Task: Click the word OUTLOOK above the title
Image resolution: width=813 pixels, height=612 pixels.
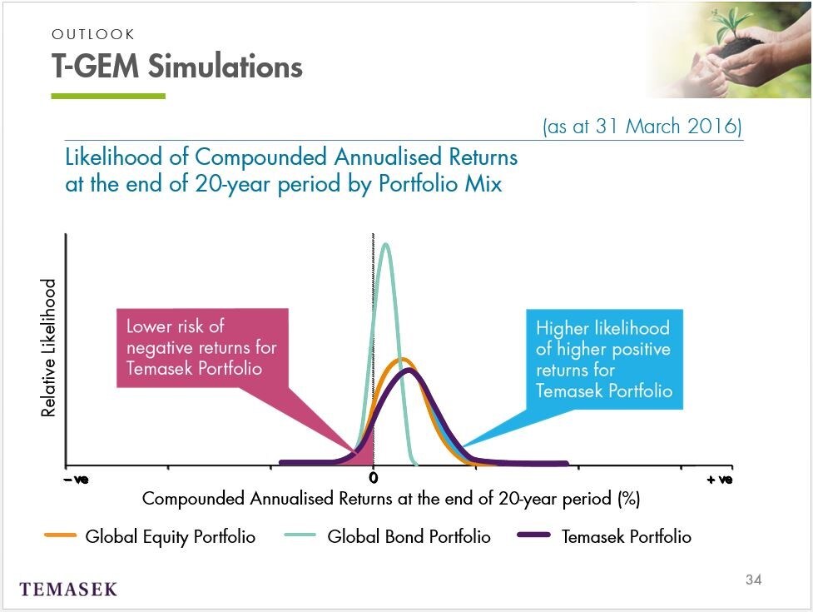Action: pos(93,34)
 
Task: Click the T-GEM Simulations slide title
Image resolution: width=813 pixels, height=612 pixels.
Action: pos(176,67)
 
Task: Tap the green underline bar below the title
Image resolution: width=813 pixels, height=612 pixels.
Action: pos(108,96)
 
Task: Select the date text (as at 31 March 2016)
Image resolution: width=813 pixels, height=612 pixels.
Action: pos(642,126)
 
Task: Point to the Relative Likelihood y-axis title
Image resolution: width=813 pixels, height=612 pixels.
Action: pos(48,347)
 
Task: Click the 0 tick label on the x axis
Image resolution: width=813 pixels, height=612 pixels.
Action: pos(374,478)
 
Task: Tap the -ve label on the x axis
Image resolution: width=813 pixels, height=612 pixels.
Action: pos(77,480)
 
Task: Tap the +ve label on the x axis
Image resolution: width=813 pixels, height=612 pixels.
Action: pos(720,480)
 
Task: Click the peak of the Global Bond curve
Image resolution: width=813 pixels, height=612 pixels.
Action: pos(385,244)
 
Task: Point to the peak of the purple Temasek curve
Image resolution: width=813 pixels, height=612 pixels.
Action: pos(409,371)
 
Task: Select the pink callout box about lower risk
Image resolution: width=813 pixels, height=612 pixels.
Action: pos(202,348)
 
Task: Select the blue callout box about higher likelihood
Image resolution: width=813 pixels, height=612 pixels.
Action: pos(605,359)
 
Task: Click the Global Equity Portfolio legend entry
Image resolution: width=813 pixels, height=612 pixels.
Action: pos(151,536)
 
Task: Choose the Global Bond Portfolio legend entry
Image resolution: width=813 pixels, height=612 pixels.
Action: pos(388,536)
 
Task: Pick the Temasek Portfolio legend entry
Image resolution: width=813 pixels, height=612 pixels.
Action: pos(605,536)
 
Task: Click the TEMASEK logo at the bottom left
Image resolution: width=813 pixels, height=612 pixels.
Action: pos(68,590)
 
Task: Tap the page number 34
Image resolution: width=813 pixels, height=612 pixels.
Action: pos(753,580)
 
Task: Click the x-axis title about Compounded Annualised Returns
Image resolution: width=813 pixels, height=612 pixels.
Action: pos(391,499)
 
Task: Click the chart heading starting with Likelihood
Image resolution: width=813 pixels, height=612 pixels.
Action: pos(291,170)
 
